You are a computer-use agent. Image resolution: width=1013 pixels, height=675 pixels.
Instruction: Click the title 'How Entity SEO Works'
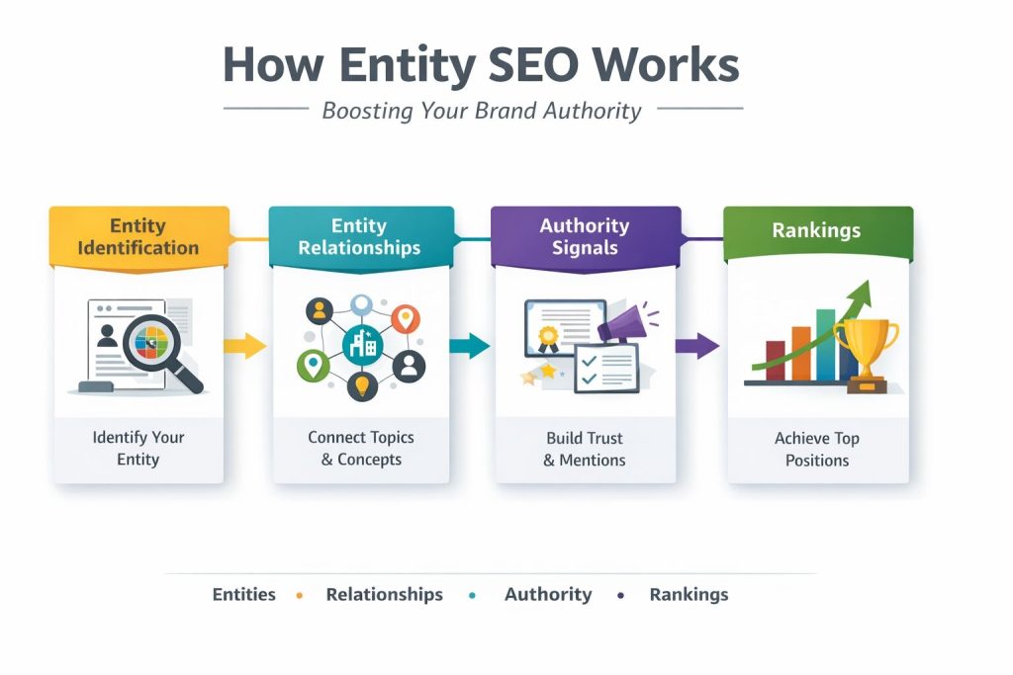pos(481,66)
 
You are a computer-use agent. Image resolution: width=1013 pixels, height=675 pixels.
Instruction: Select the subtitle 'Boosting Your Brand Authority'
pos(482,110)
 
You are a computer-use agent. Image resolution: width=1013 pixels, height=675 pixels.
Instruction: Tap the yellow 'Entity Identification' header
pos(138,236)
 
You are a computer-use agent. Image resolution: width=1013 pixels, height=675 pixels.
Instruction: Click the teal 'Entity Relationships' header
pos(359,237)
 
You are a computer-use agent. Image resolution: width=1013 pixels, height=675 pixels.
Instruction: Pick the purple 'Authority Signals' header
pos(585,236)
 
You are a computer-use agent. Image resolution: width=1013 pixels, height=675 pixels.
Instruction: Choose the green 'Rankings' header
pos(816,230)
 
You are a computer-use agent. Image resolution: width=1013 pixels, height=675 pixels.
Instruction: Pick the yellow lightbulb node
pos(361,386)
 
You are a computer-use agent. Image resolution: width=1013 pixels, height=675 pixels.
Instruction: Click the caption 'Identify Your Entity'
pos(138,448)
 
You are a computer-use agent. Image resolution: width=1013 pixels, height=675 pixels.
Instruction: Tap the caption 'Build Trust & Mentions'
pos(584,448)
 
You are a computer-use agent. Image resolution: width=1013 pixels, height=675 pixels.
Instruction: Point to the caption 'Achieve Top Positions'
pos(816,449)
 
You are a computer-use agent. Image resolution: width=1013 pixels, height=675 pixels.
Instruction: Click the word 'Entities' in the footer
pos(243,595)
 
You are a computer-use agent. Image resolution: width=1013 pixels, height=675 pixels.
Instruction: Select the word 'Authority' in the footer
pos(548,595)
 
